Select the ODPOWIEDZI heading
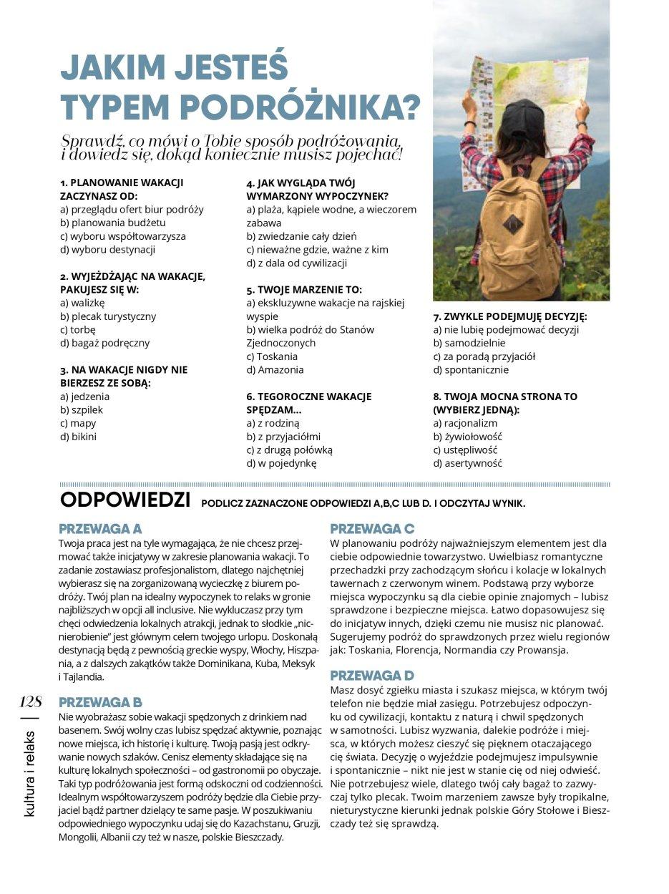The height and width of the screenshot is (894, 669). pyautogui.click(x=125, y=499)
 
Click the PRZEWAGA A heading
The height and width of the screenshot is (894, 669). pyautogui.click(x=100, y=529)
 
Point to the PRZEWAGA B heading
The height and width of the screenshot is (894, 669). pyautogui.click(x=100, y=701)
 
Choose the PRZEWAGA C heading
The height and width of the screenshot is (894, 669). pyautogui.click(x=372, y=529)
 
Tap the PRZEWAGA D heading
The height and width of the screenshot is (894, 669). pyautogui.click(x=372, y=675)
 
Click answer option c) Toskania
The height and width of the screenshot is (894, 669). pyautogui.click(x=272, y=356)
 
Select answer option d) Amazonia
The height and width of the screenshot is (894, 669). pyautogui.click(x=275, y=370)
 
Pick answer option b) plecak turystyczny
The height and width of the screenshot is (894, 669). pyautogui.click(x=108, y=316)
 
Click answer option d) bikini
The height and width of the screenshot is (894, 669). pyautogui.click(x=78, y=437)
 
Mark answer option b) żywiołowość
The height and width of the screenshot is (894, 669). pyautogui.click(x=467, y=437)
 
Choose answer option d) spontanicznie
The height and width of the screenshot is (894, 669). pyautogui.click(x=471, y=370)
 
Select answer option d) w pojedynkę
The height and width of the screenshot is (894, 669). pyautogui.click(x=281, y=463)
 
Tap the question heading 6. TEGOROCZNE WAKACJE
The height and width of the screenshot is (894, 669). pyautogui.click(x=308, y=397)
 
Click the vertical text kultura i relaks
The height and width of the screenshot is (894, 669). pyautogui.click(x=30, y=772)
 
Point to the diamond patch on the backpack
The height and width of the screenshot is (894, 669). pyautogui.click(x=513, y=225)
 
